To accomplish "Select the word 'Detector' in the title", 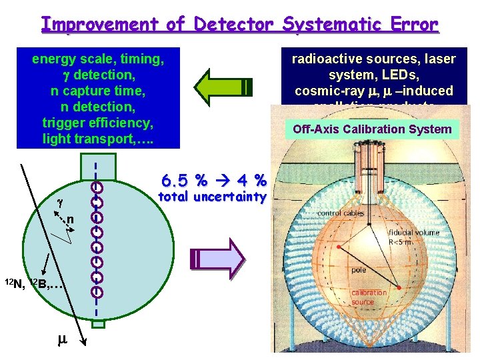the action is [x=232, y=25].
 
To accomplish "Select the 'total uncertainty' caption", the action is [x=211, y=197].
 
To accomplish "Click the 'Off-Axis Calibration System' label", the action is [x=373, y=129].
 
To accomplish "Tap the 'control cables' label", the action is [x=340, y=213].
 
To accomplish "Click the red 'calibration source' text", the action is [x=369, y=297].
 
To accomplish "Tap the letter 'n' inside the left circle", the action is [x=69, y=220].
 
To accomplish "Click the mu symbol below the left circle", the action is [x=62, y=339].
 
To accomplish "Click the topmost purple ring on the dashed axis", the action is [x=97, y=189].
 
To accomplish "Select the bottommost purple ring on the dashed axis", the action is [x=97, y=291].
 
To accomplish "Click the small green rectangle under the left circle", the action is [x=97, y=325].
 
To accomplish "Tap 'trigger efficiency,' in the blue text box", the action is [x=98, y=123].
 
